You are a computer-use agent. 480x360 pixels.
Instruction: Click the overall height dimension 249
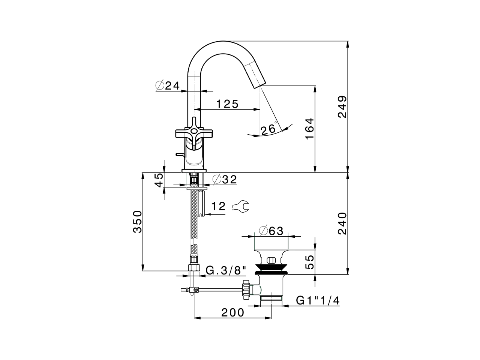[342, 107]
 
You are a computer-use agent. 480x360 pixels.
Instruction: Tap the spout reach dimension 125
[227, 104]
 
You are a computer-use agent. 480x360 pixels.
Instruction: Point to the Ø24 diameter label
[167, 85]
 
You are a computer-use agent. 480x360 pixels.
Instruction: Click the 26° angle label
[269, 130]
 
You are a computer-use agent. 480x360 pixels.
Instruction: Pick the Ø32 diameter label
[225, 180]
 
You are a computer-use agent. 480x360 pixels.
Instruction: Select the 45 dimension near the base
[159, 180]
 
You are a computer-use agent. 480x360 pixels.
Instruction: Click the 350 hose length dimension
[138, 222]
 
